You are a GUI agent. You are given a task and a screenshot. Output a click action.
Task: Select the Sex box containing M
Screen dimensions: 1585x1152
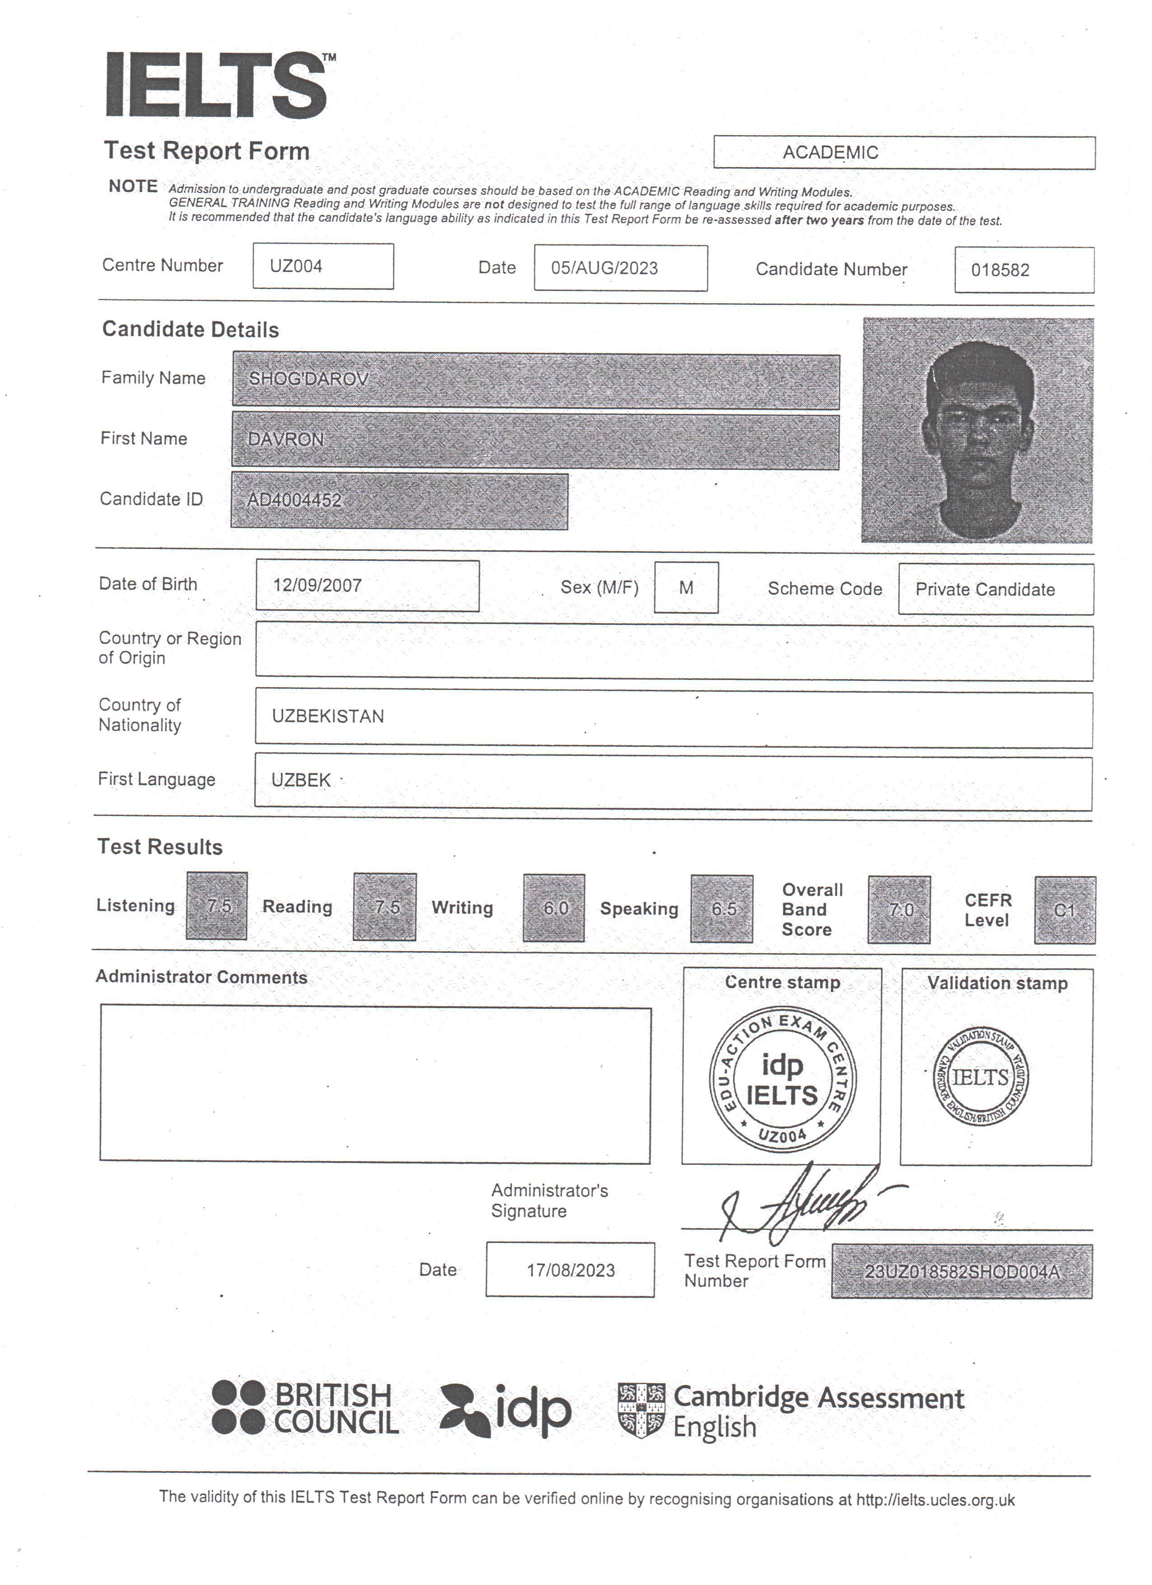point(686,588)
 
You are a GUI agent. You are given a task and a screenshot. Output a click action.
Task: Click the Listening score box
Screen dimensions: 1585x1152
point(217,906)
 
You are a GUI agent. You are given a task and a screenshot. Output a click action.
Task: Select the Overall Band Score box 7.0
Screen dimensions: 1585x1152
point(899,910)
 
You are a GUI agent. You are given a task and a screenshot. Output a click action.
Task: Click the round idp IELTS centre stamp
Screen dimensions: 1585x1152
point(782,1080)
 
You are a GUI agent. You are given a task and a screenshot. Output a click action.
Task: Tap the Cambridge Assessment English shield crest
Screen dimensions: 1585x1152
point(641,1410)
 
